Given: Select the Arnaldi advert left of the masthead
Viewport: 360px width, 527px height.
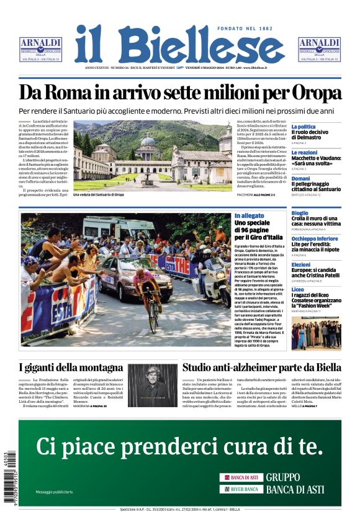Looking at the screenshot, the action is tap(41, 49).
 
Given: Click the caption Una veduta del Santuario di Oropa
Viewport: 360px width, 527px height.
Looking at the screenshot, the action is tap(99, 195).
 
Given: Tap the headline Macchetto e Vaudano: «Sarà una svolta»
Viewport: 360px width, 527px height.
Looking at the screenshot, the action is tap(315, 161).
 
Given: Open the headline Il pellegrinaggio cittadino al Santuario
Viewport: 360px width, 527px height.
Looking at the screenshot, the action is tap(315, 187).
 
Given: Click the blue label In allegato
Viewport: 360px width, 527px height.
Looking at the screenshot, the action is tap(248, 216).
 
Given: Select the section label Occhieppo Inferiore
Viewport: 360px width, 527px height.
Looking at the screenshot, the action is tap(315, 238).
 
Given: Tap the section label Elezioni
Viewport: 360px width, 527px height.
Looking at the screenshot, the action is tap(301, 265).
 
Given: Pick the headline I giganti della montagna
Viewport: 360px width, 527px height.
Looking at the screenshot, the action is tap(71, 367).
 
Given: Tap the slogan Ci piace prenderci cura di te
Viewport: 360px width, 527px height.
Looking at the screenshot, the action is tap(179, 446).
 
